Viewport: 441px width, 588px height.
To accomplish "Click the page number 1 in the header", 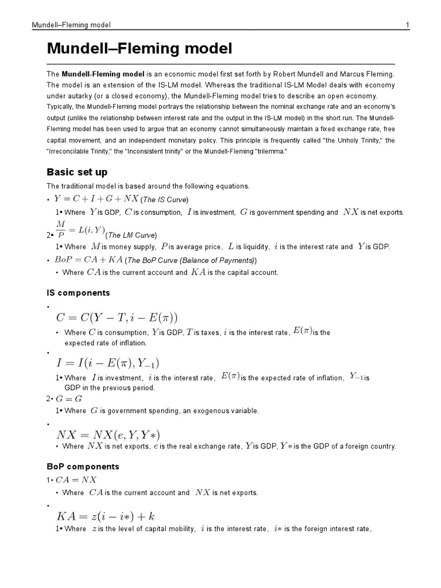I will (407, 25).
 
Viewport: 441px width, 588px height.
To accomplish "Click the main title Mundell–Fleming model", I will (140, 49).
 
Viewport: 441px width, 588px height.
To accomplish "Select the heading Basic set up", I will (77, 172).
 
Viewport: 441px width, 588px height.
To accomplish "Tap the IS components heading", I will (78, 293).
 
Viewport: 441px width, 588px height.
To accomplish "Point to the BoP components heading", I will (83, 466).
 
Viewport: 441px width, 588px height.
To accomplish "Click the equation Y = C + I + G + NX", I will (96, 199).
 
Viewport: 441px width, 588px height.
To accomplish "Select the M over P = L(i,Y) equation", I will (80, 230).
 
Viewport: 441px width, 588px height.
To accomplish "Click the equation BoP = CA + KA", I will (89, 260).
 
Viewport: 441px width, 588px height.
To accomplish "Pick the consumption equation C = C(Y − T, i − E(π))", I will (117, 318).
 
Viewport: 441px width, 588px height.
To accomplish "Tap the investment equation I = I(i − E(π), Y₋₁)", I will (107, 363).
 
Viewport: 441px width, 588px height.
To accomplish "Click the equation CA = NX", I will (76, 479).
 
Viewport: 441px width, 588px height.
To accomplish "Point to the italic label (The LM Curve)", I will (131, 235).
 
